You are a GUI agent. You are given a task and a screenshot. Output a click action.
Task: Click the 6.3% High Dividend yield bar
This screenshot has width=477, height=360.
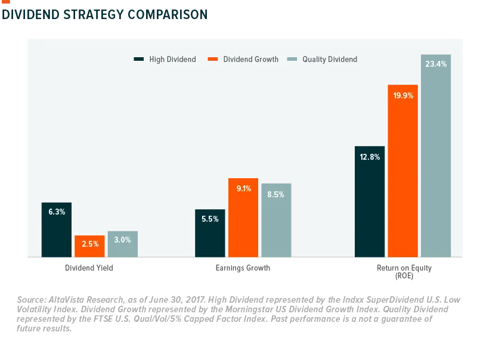click(x=57, y=230)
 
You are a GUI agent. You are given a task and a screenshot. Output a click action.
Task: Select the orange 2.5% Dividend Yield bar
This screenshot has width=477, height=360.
click(x=90, y=246)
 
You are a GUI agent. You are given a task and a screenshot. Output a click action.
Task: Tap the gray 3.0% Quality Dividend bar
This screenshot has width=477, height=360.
click(x=123, y=244)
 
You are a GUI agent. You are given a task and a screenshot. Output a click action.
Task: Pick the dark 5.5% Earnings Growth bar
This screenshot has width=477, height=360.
click(x=210, y=233)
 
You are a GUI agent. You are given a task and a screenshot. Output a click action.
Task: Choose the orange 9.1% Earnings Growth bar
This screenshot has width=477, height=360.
click(x=243, y=218)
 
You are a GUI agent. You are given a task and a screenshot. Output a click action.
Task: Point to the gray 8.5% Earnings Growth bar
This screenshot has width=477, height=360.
click(x=276, y=221)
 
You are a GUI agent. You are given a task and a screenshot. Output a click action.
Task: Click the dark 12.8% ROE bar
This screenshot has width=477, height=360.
click(x=370, y=201)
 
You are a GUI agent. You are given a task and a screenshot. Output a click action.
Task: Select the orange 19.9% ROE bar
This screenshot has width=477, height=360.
click(x=403, y=171)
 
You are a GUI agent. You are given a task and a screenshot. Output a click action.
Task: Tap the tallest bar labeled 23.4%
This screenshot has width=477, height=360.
click(x=436, y=156)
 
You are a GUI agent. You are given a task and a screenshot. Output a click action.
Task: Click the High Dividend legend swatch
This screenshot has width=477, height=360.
click(x=139, y=59)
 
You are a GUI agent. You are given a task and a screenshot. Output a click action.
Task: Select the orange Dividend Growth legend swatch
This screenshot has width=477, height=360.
click(x=213, y=59)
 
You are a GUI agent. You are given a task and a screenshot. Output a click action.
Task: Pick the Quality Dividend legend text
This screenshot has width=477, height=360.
click(x=330, y=59)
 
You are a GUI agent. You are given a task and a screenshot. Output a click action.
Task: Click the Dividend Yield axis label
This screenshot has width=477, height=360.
click(x=89, y=268)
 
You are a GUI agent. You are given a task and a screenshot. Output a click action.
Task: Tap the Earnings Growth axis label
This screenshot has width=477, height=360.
click(x=243, y=268)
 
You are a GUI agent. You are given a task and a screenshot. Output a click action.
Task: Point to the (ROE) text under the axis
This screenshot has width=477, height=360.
click(x=404, y=276)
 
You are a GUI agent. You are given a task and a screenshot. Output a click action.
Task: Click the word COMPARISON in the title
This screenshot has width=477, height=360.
click(x=168, y=14)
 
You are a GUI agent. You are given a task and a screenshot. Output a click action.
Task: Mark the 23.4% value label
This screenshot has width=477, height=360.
click(x=436, y=64)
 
